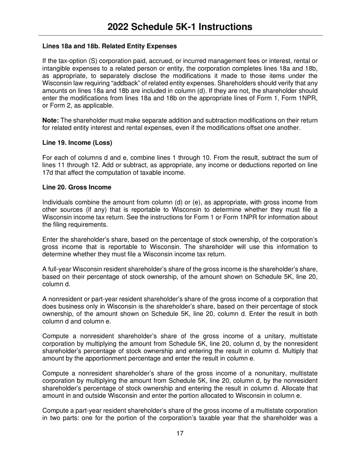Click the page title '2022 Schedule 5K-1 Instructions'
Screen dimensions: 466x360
click(180, 27)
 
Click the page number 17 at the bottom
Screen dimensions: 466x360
click(180, 433)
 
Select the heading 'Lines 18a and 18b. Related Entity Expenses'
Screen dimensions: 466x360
click(110, 46)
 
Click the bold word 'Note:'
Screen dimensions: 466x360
click(50, 120)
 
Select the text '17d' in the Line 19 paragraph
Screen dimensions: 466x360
click(47, 173)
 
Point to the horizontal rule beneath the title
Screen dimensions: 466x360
click(180, 36)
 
